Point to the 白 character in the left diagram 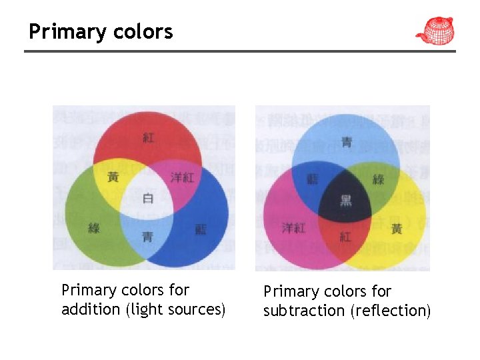click(147, 197)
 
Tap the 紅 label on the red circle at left click(148, 137)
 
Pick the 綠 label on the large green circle click(93, 229)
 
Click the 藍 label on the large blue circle click(200, 229)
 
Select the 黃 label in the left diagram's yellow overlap click(113, 177)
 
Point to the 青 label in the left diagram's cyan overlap click(147, 237)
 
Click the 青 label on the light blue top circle click(346, 141)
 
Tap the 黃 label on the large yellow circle click(397, 229)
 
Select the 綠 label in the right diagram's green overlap click(378, 179)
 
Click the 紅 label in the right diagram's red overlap click(345, 237)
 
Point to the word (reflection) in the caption click(390, 311)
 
